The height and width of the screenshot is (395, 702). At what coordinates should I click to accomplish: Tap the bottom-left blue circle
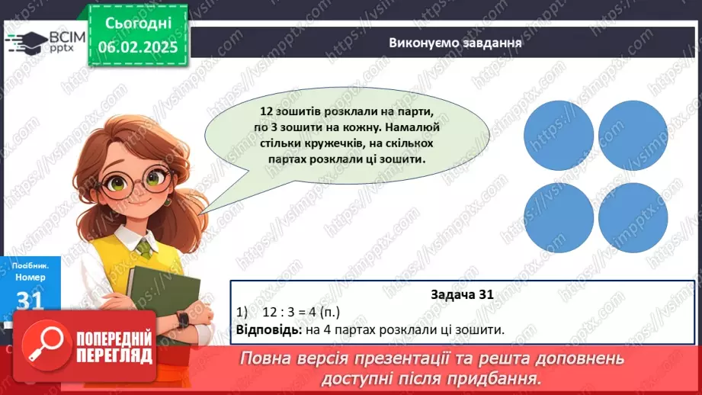point(559,217)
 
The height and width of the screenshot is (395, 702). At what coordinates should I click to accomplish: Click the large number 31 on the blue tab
point(28,301)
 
